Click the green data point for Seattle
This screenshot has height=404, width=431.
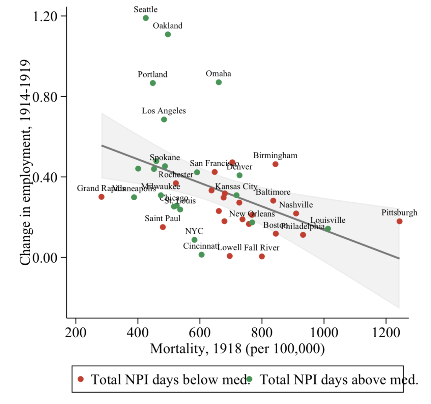tap(146, 18)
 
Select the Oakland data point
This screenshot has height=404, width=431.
tap(168, 34)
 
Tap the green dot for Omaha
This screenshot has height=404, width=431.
tap(219, 82)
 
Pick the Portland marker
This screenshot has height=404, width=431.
tap(153, 83)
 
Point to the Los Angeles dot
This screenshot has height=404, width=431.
tap(164, 120)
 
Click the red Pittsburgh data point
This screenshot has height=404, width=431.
tap(399, 221)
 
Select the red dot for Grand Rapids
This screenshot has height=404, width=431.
tap(102, 197)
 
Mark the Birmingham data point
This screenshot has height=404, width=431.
tap(276, 164)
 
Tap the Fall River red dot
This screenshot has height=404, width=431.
tap(262, 256)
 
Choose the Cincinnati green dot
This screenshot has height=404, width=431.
tap(202, 255)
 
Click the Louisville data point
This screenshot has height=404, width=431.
tap(328, 229)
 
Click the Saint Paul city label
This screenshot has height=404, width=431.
tap(163, 218)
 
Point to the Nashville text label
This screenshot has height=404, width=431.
tap(296, 205)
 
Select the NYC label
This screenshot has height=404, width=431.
tap(194, 231)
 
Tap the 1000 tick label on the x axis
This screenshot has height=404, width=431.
tap(324, 333)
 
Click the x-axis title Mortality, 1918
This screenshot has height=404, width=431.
tap(237, 348)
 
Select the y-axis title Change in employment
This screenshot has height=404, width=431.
tap(26, 163)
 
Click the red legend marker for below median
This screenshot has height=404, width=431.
tap(81, 379)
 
